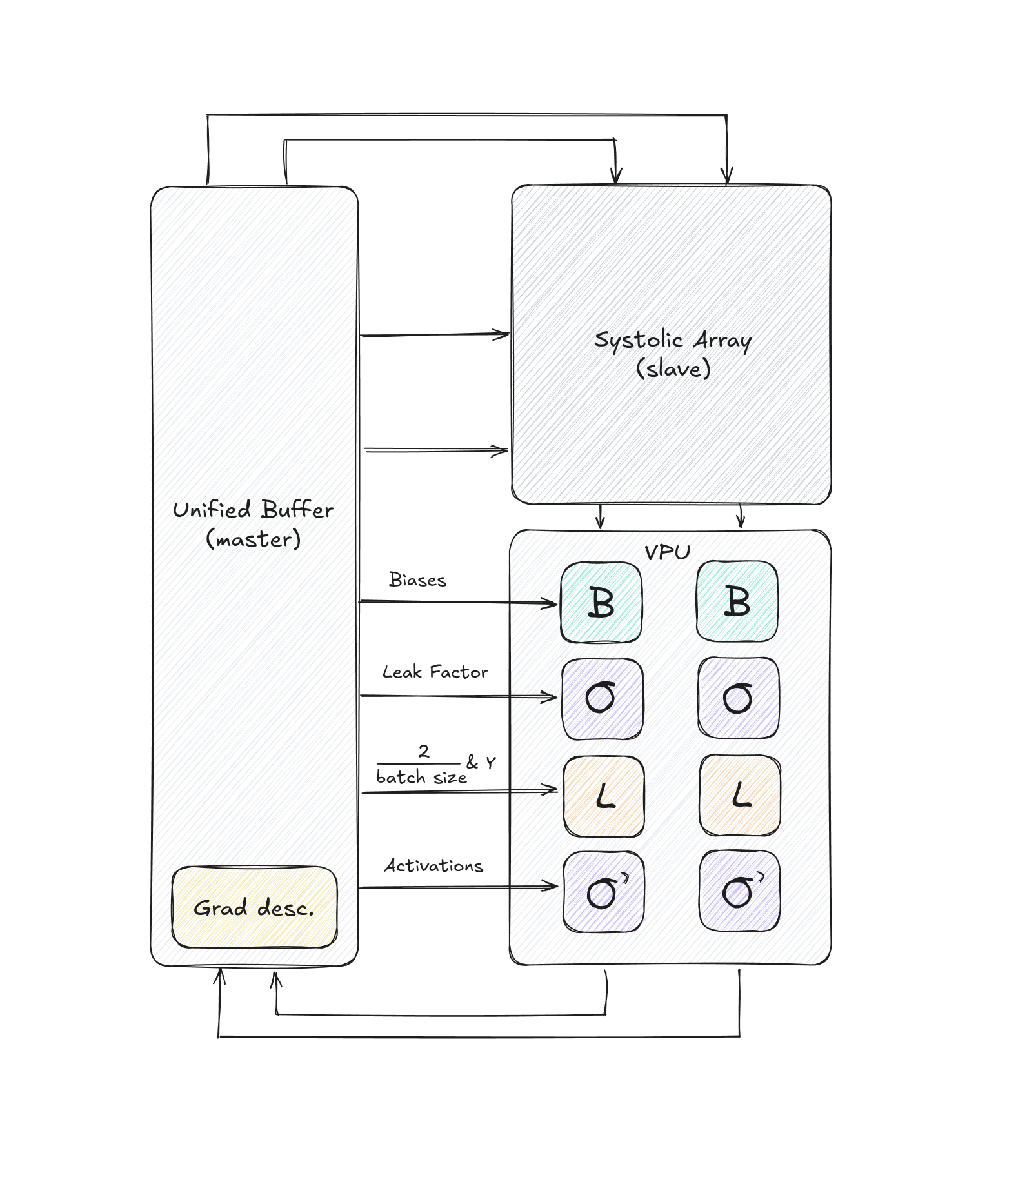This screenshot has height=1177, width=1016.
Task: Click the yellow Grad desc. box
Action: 254,907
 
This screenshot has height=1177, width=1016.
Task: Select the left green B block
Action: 601,603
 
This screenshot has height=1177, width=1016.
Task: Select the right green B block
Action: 737,601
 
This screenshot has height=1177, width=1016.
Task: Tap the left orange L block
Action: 604,796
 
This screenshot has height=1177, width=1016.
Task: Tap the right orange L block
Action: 740,795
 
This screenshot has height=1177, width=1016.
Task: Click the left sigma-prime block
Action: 604,892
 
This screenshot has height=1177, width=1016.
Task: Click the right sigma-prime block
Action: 740,890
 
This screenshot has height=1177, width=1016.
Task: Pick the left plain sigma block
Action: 603,699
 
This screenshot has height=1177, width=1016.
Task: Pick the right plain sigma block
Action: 739,698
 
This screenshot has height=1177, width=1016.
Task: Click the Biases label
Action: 417,580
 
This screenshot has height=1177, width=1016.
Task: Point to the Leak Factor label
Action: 435,672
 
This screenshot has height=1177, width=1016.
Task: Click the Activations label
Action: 433,866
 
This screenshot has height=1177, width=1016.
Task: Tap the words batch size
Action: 421,777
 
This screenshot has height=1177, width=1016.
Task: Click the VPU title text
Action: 668,552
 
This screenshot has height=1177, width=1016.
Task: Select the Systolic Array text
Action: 672,340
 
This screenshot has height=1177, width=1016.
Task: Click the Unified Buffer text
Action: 253,510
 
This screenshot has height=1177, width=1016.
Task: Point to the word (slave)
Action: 673,369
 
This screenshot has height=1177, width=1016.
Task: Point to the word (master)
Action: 253,539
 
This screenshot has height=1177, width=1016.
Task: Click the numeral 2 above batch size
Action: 424,751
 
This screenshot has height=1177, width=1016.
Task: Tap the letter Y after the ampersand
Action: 491,763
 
